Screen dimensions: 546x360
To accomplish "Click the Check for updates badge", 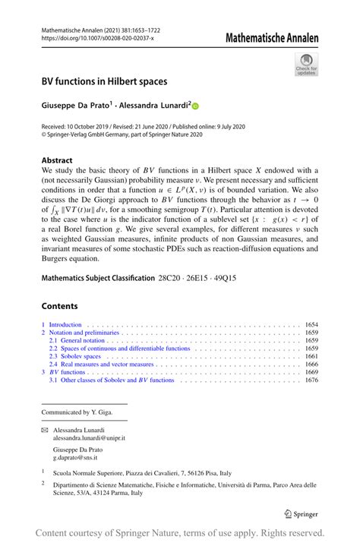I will tap(306, 65).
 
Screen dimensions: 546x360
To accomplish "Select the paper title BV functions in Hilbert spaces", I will tap(104, 80).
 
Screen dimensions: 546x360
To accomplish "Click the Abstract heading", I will tap(57, 160).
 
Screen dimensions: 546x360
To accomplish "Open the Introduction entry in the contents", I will tap(64, 325).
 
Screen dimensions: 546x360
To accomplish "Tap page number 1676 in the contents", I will tap(311, 380).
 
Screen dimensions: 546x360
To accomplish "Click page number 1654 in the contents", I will tap(311, 325).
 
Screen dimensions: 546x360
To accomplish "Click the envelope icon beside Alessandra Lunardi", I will tap(44, 429).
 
